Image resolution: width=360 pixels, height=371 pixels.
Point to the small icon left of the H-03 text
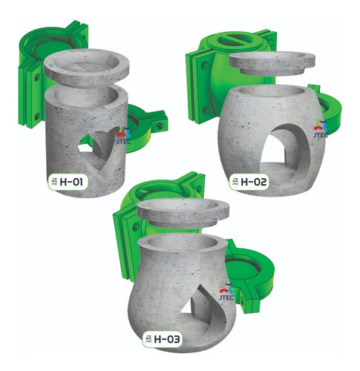point(145,340)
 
